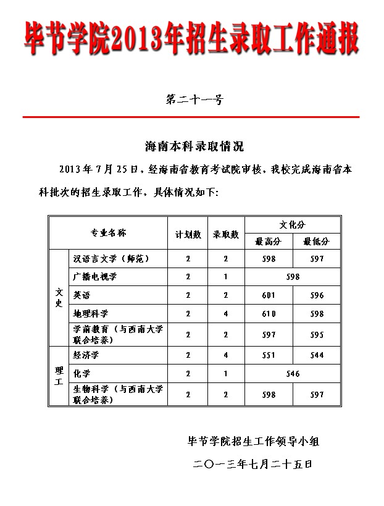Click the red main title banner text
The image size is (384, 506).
point(191,38)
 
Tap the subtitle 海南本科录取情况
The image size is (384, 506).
point(194,146)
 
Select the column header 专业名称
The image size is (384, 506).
point(109,233)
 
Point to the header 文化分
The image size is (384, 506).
point(292,224)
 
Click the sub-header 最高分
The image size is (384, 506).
point(268,241)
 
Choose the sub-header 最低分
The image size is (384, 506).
point(316,241)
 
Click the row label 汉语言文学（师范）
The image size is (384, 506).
point(111,258)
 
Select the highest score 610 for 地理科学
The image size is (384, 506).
point(269,313)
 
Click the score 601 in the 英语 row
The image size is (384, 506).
point(269,295)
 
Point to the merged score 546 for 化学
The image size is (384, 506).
point(293,373)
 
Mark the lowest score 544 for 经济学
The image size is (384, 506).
point(317,355)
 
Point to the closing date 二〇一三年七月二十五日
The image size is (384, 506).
point(253,463)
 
